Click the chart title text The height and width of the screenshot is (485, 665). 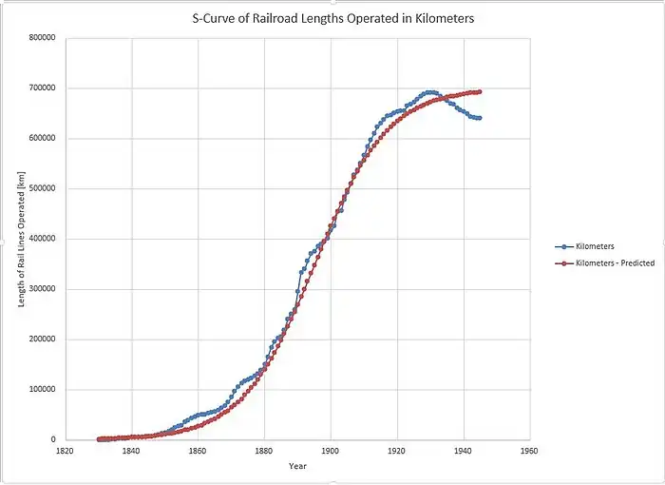click(332, 17)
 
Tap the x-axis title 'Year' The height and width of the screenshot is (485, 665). click(297, 466)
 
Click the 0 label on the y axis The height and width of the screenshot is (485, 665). click(56, 439)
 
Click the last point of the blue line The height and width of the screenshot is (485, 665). click(480, 118)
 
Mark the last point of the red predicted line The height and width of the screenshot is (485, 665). click(480, 92)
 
